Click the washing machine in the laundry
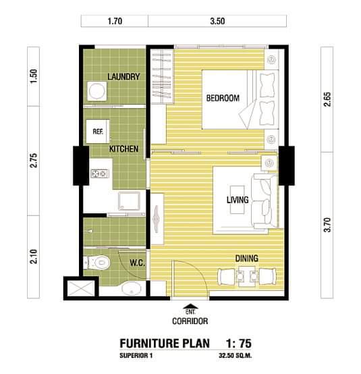[97, 91]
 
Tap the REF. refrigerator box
[98, 132]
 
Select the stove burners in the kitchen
[100, 173]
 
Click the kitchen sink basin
[129, 201]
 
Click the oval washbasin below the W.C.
[131, 288]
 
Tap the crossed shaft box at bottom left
[81, 288]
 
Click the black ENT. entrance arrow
[190, 306]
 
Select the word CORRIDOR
[190, 321]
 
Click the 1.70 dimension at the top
[115, 21]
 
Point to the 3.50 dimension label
[217, 21]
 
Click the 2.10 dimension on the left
[34, 257]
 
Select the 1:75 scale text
[238, 344]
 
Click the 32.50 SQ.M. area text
[235, 355]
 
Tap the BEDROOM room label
[223, 98]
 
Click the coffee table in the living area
[238, 200]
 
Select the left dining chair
[227, 277]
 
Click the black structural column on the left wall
[81, 165]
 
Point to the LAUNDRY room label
[123, 76]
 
